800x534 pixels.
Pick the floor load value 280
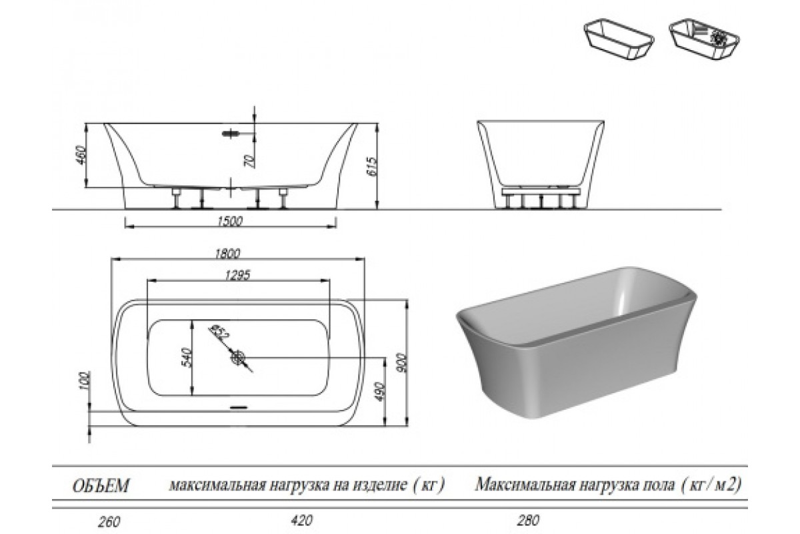point(527,519)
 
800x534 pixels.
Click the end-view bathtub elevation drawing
point(541,164)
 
